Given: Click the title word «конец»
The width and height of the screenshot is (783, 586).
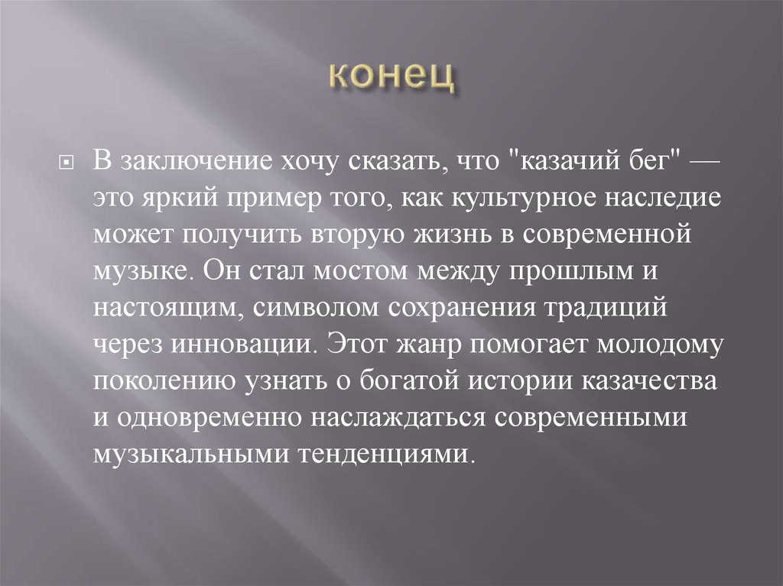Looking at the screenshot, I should coord(391,78).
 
